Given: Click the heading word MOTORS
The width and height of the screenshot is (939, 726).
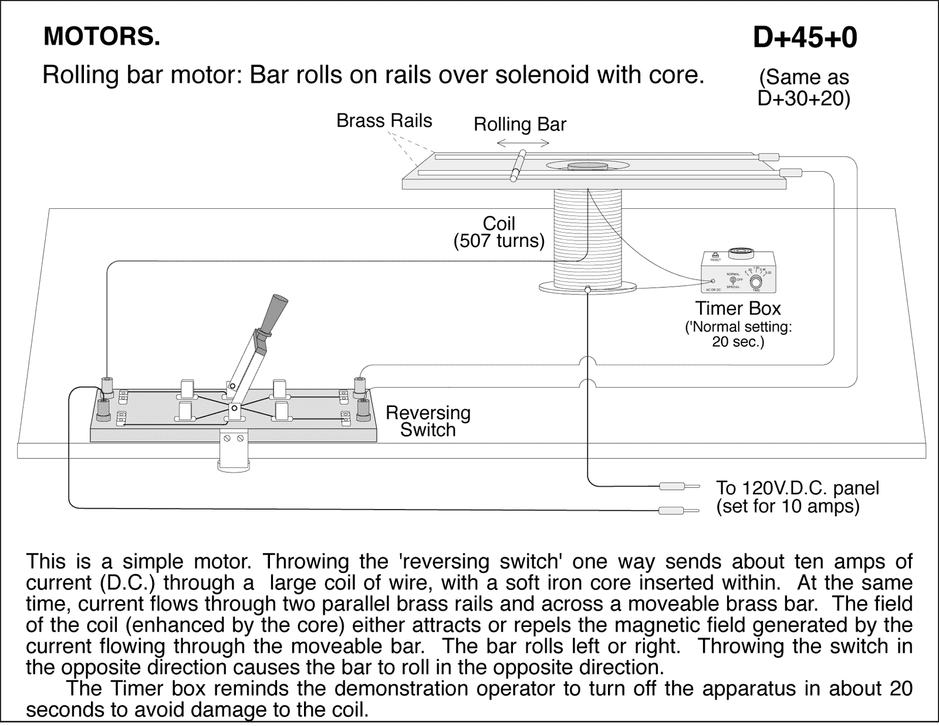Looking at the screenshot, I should [x=101, y=37].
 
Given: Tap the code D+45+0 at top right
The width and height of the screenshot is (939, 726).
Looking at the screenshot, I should [x=805, y=38].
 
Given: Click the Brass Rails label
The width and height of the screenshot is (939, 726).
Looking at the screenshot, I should [x=384, y=121].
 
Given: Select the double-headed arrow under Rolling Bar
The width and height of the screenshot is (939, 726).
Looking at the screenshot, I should [x=522, y=143].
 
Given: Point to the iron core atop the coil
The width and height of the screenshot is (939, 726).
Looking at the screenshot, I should [x=587, y=166].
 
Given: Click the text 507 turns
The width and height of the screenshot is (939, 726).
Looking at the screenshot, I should [x=499, y=241].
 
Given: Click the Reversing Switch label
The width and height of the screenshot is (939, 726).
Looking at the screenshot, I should [x=428, y=421].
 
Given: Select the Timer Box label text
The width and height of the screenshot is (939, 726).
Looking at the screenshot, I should [x=738, y=308].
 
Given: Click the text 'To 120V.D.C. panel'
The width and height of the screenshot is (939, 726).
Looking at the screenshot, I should [x=797, y=488].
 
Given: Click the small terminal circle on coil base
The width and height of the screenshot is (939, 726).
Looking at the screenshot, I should [x=587, y=289].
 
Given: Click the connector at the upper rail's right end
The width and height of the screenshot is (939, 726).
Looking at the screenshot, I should [x=768, y=157].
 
